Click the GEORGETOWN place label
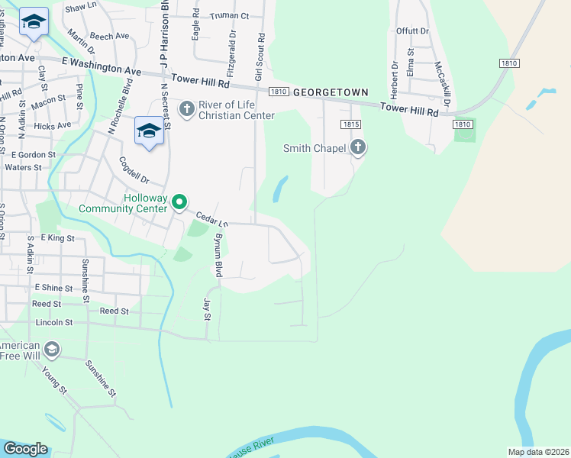tap(331, 91)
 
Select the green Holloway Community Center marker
tap(179, 202)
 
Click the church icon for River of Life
tap(186, 109)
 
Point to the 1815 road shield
tap(350, 124)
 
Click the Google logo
tap(24, 449)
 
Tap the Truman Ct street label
tap(230, 15)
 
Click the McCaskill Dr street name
tap(441, 83)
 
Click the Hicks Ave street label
tap(53, 125)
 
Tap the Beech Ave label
tap(110, 36)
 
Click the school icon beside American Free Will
tap(51, 350)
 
